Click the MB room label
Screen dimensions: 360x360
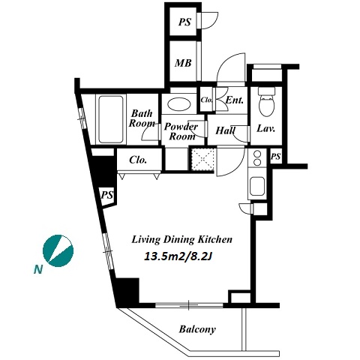[x=183, y=63]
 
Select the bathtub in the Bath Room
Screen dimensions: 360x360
[x=111, y=119]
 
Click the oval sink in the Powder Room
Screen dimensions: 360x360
[x=179, y=103]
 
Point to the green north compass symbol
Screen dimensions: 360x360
[x=58, y=250]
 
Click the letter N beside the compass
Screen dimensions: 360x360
[x=38, y=269]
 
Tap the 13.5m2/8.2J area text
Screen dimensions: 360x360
[x=178, y=256]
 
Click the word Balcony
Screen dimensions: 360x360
[x=197, y=329]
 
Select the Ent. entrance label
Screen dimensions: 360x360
[x=234, y=100]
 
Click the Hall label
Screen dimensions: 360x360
[x=225, y=130]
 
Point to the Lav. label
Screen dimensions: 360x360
[x=266, y=128]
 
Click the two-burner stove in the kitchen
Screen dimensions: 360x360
[x=256, y=158]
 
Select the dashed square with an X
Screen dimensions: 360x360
[x=202, y=158]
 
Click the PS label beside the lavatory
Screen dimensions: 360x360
[x=275, y=157]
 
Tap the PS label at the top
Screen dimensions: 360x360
[x=184, y=22]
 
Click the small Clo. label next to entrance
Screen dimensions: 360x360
[x=206, y=100]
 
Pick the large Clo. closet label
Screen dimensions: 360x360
[x=138, y=160]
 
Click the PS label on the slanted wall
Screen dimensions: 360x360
[x=107, y=194]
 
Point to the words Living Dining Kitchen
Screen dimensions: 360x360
[x=181, y=239]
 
